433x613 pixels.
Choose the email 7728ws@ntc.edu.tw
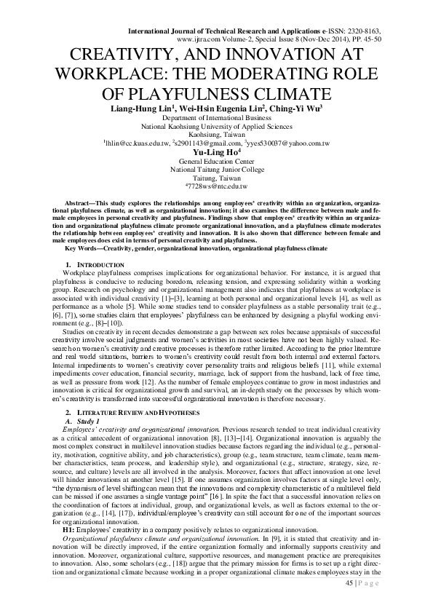(x=216, y=187)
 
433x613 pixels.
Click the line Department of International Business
(x=215, y=117)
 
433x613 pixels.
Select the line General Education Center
(x=215, y=161)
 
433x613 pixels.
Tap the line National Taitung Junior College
(x=215, y=170)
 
